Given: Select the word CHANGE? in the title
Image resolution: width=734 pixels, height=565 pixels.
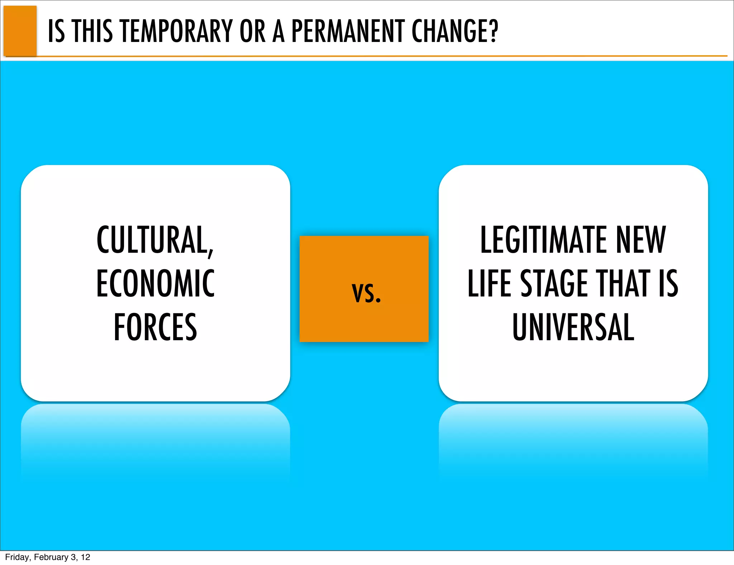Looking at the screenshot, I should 455,31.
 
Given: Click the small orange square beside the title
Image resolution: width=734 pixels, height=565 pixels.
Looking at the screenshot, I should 20,30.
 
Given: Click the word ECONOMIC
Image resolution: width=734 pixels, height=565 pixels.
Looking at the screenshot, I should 155,284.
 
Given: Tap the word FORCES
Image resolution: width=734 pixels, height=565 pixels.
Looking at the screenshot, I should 155,327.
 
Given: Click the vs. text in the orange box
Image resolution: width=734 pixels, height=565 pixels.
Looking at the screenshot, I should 366,293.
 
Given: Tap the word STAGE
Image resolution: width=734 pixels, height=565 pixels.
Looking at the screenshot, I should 554,284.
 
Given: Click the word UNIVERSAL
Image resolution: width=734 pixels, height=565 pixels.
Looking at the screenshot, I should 573,327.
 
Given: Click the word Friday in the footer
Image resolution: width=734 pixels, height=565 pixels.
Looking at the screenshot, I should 16,557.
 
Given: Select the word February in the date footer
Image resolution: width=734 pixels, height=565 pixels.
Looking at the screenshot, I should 51,557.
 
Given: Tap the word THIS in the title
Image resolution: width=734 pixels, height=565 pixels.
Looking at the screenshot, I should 92,31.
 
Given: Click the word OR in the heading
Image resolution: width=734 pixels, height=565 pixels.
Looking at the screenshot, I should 252,31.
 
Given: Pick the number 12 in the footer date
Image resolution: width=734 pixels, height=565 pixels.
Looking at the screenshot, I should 85,557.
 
